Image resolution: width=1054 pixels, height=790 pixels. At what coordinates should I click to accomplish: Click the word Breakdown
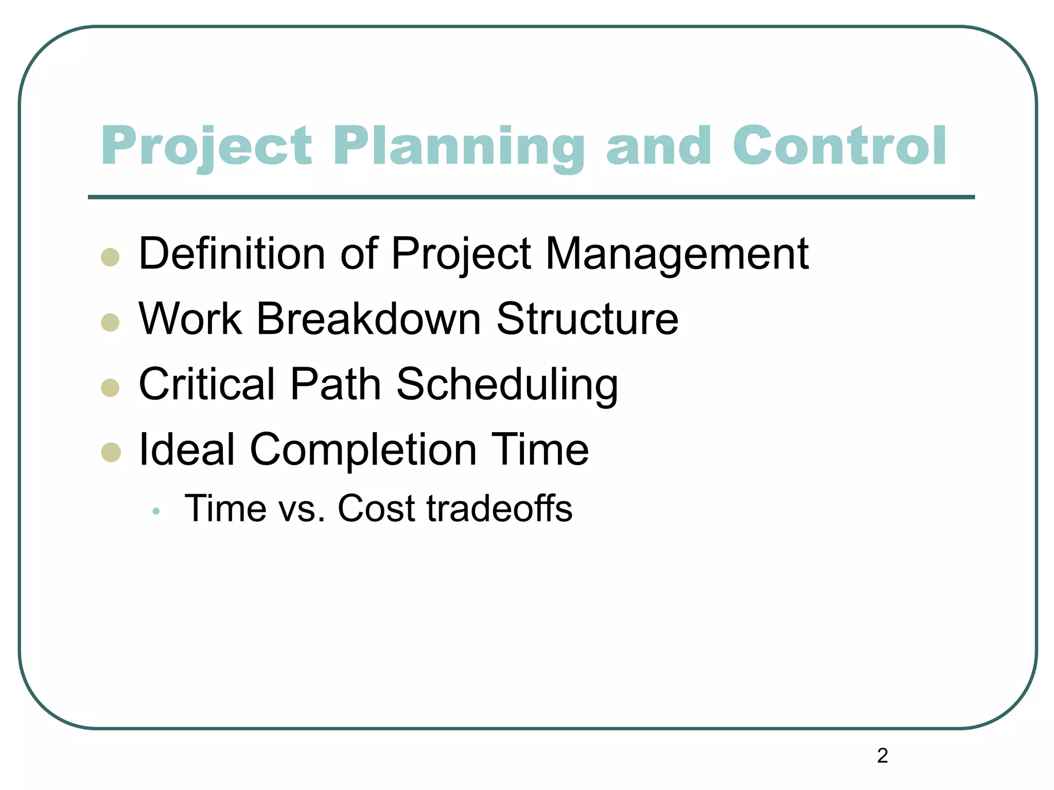pyautogui.click(x=368, y=319)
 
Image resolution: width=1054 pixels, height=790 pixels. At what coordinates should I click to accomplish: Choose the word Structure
pyautogui.click(x=587, y=319)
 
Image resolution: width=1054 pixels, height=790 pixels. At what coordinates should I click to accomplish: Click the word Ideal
pyautogui.click(x=187, y=450)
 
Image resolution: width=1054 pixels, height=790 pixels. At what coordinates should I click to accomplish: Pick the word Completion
pyautogui.click(x=363, y=451)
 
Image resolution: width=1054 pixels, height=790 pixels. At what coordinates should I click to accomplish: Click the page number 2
pyautogui.click(x=882, y=756)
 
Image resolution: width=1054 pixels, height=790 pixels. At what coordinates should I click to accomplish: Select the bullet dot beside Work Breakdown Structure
pyautogui.click(x=111, y=322)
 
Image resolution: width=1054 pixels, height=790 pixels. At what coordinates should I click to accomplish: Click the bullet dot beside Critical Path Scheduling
pyautogui.click(x=111, y=387)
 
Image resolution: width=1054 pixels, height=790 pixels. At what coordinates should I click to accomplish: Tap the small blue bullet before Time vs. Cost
pyautogui.click(x=156, y=511)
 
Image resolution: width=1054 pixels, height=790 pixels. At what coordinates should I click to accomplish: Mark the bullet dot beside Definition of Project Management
pyautogui.click(x=111, y=257)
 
